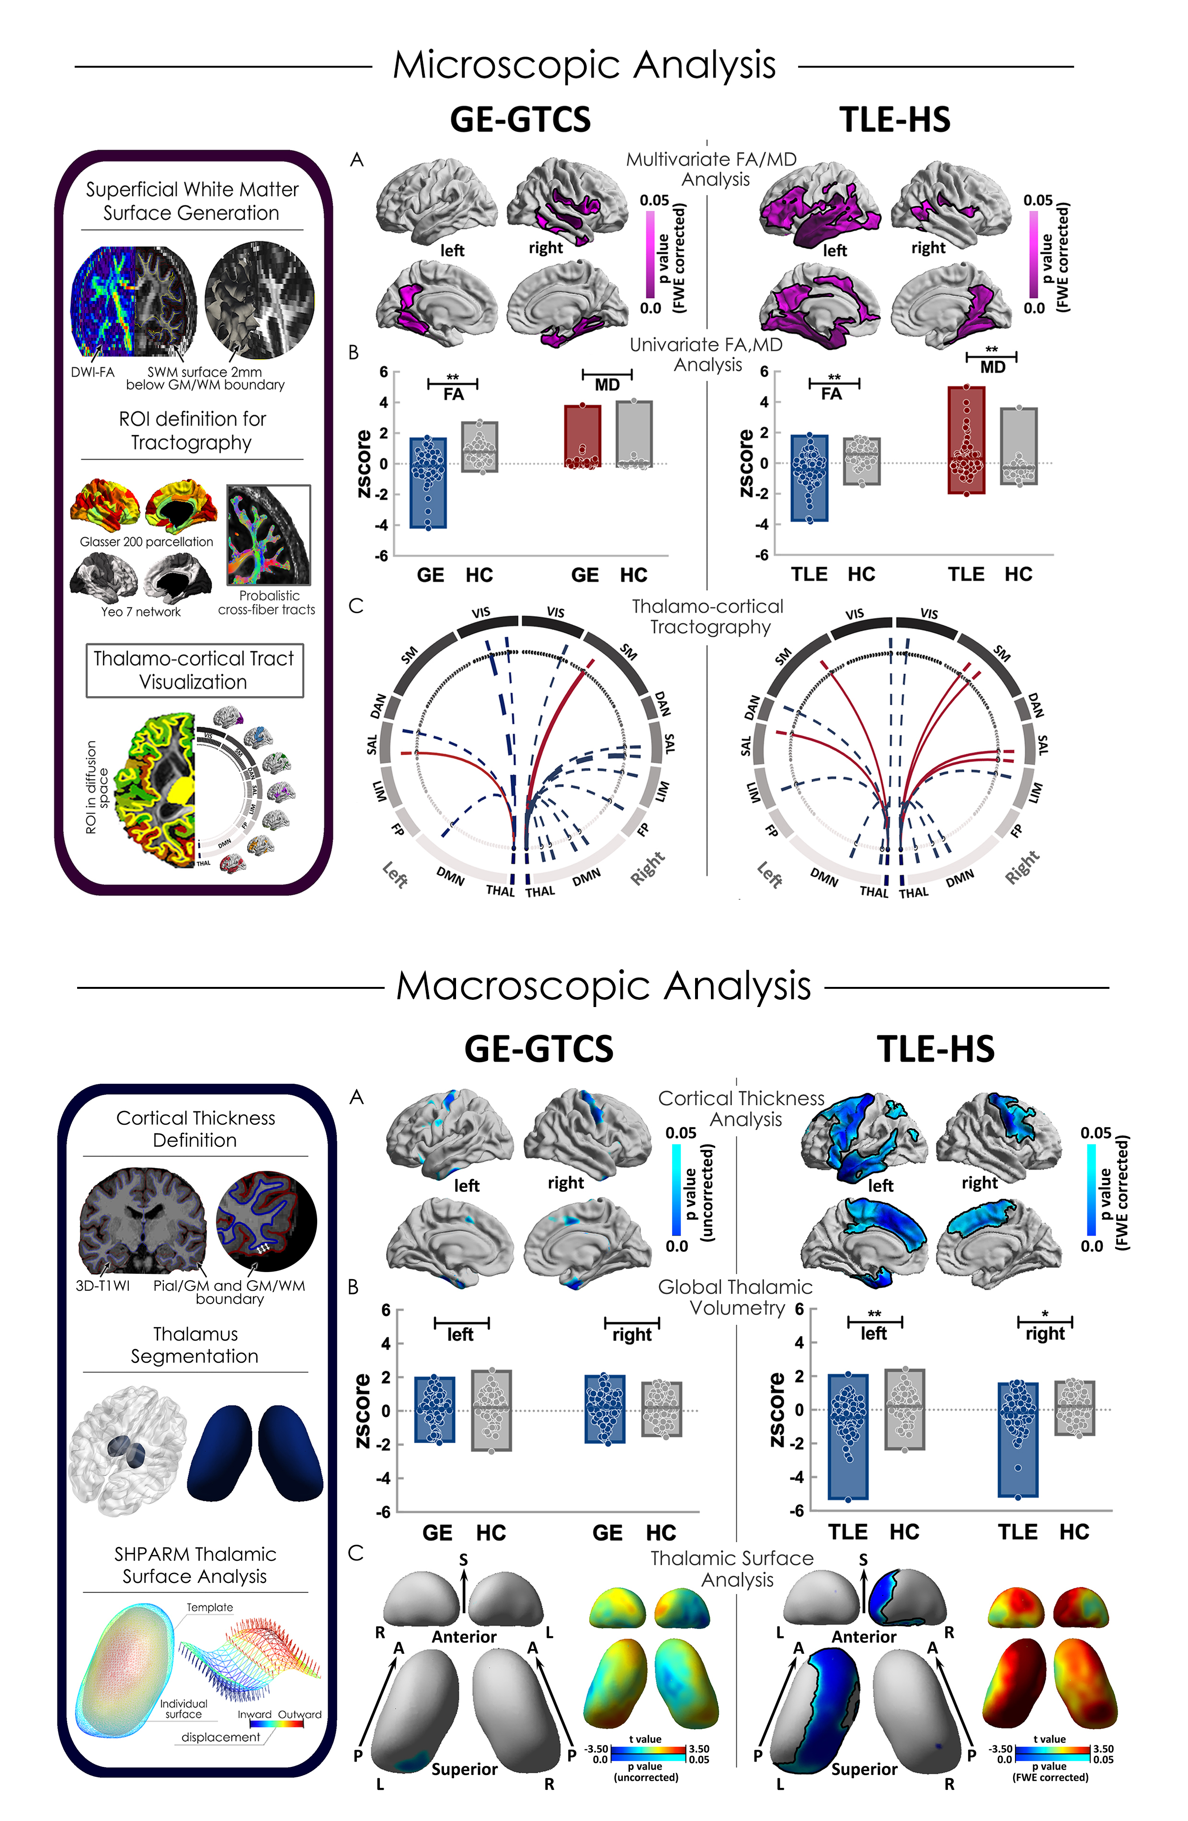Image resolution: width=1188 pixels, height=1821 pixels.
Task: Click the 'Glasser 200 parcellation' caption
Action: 146,542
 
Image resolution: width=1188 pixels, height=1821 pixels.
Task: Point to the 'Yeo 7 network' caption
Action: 141,611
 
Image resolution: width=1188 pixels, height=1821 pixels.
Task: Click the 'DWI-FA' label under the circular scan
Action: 92,373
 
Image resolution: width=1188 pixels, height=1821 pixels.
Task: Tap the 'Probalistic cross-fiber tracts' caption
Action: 267,602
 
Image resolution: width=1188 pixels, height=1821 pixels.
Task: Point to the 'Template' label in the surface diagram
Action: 210,1607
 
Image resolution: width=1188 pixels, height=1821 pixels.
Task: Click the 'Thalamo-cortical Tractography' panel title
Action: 708,617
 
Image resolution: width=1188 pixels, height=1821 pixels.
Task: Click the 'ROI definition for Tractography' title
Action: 192,430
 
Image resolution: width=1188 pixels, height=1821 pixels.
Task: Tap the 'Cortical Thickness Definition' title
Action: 195,1129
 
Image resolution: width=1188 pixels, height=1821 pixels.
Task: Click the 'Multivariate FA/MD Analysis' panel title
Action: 711,169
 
